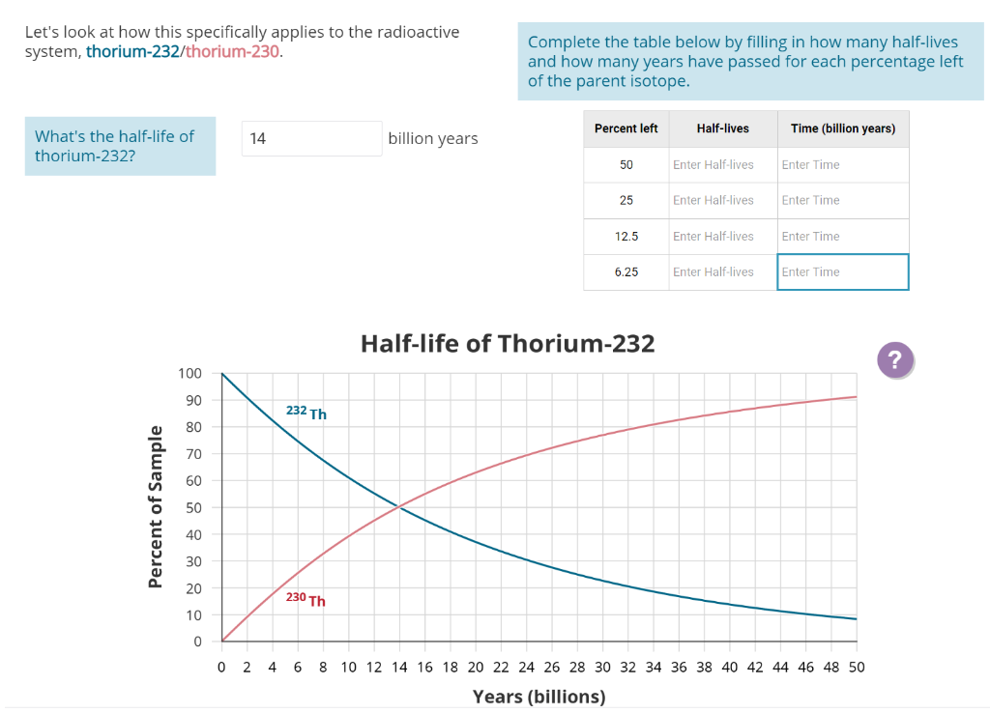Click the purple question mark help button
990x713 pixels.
coord(894,360)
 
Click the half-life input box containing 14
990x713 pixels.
coord(312,138)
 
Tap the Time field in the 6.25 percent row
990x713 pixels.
coord(842,271)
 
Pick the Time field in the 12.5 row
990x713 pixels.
coord(842,236)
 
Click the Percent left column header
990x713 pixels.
coord(626,128)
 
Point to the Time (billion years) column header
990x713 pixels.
coord(842,128)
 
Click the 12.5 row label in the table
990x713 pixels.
coord(626,236)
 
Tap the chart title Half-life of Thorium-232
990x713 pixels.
coord(507,343)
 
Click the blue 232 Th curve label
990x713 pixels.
coord(306,413)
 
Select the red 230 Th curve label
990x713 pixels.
coord(306,599)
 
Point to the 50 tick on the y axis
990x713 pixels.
coord(192,507)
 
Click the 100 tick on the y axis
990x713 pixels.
coord(189,374)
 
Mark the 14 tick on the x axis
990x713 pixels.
coord(399,667)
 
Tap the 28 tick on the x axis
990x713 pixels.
coord(577,667)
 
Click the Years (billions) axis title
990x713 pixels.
coord(539,697)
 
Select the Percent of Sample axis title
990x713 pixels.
coord(155,505)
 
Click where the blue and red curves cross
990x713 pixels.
coord(399,506)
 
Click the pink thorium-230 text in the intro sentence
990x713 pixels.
coord(232,51)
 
